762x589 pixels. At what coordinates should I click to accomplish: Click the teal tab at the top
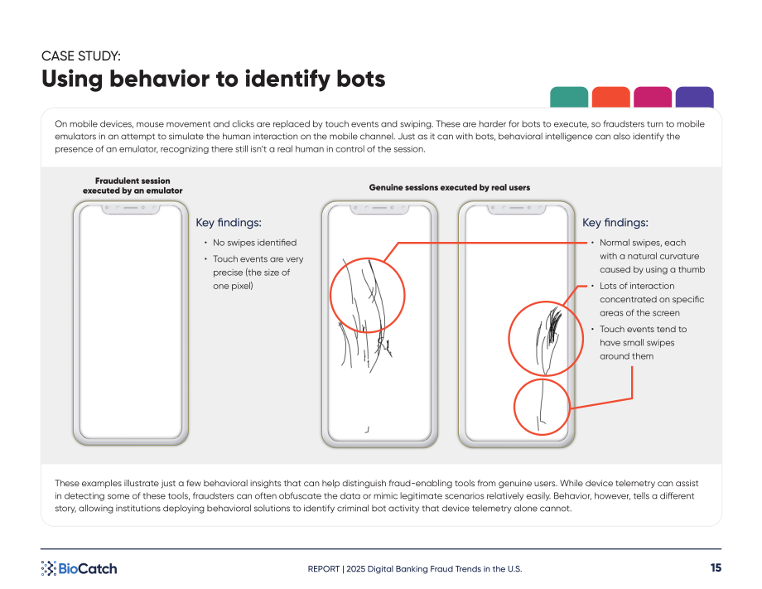568,97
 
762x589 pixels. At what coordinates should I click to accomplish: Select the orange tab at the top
611,97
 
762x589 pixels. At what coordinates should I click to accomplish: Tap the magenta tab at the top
653,97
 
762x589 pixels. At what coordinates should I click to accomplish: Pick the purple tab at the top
694,97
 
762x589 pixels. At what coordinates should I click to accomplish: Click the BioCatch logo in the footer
80,568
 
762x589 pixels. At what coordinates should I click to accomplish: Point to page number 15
716,567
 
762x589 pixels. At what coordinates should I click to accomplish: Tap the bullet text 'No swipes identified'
254,243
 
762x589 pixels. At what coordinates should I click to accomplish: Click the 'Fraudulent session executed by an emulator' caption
133,186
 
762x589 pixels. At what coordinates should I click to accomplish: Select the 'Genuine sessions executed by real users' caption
450,187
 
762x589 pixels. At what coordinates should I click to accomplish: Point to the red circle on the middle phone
330,295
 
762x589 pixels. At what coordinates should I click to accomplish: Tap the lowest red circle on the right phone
514,408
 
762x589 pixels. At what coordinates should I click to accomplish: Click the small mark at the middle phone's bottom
367,430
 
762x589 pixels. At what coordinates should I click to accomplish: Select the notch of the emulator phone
131,209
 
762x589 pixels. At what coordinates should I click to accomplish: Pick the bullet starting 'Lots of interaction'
652,299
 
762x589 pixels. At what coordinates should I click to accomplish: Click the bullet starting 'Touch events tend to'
643,343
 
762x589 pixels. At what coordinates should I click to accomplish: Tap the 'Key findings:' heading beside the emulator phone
229,223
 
